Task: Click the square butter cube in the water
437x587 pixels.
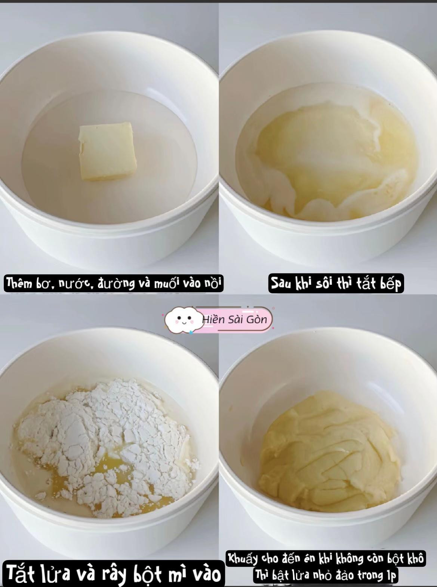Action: [x=108, y=152]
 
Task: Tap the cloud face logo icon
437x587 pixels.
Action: [x=183, y=319]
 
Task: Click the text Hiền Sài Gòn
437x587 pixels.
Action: [x=235, y=319]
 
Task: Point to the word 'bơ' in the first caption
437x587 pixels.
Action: [x=41, y=284]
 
